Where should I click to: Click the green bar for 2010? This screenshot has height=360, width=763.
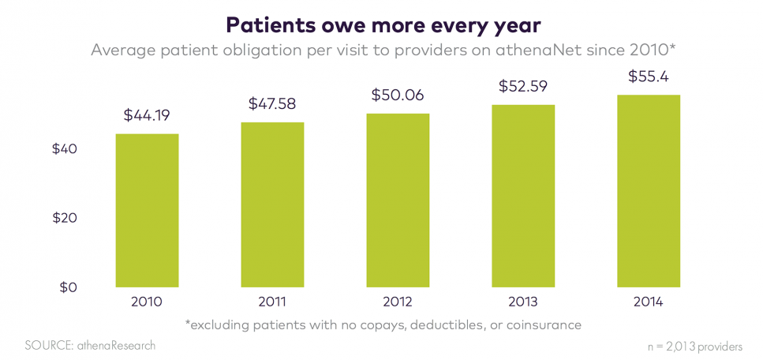coord(147,210)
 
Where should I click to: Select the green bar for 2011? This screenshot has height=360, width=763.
coord(272,204)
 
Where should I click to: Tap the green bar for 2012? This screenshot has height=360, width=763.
coord(398,200)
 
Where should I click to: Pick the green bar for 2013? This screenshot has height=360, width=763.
coord(523,196)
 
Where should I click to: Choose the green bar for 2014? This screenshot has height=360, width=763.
coord(649,191)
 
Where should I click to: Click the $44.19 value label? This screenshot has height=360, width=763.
coord(147,115)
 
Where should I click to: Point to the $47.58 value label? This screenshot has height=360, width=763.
coord(272,103)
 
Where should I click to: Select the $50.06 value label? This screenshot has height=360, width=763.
coord(398,96)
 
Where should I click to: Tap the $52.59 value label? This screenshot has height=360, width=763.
coord(523,87)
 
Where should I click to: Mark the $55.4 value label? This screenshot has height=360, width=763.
coord(649,77)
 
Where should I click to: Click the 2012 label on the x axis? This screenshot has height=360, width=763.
coord(398,302)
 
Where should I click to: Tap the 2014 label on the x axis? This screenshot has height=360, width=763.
coord(649,302)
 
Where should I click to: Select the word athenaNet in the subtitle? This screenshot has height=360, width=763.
coord(561,51)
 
